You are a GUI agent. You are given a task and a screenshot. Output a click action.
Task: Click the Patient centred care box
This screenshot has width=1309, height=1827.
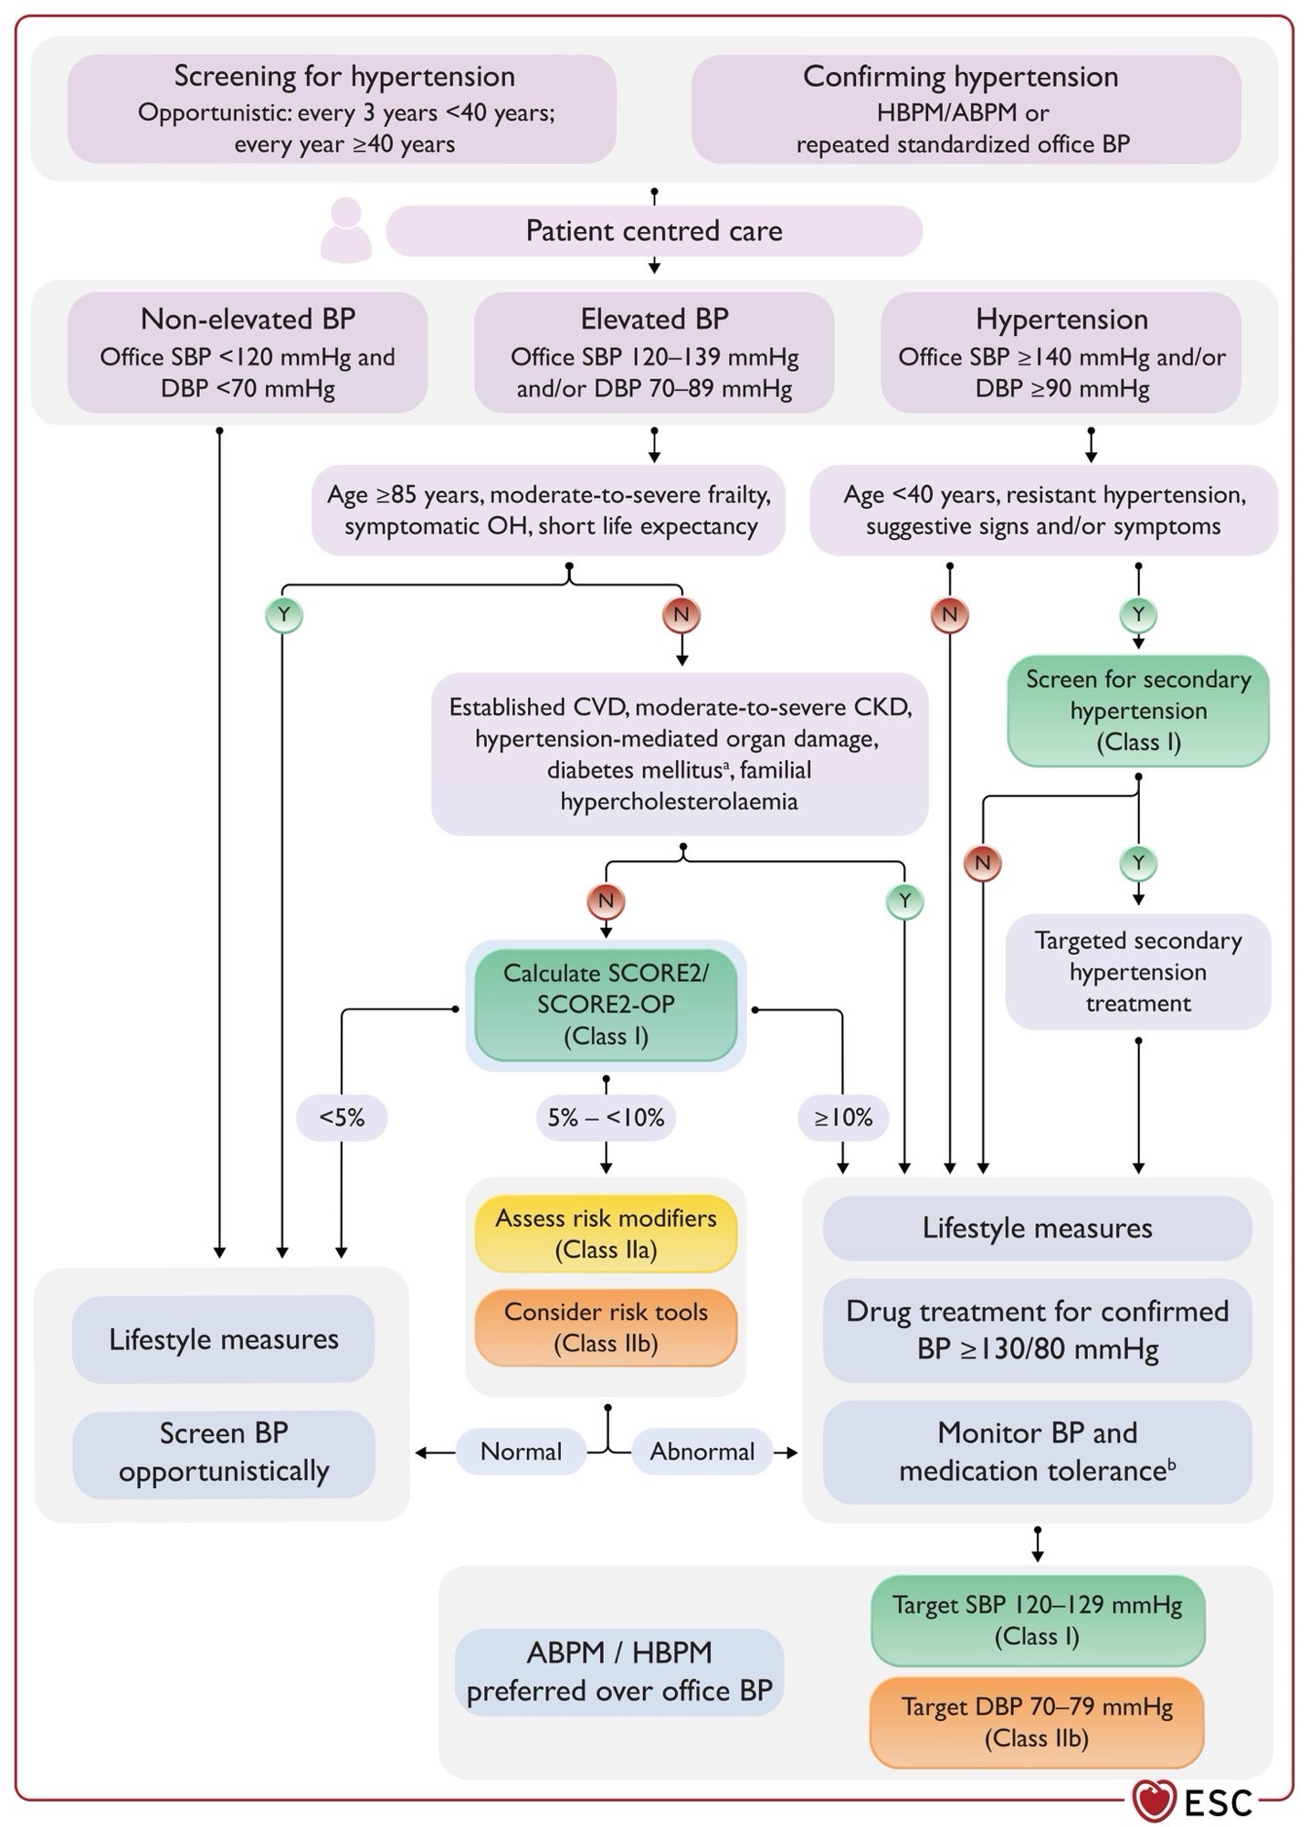[654, 231]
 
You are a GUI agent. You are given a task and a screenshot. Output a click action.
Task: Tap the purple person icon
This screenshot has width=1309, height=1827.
[346, 231]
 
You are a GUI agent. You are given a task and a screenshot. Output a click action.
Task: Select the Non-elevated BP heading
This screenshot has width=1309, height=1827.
[248, 319]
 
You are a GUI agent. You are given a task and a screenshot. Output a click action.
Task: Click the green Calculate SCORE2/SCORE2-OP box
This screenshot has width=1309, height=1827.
[606, 1005]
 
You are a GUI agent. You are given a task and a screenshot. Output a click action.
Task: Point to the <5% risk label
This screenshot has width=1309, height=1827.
[342, 1117]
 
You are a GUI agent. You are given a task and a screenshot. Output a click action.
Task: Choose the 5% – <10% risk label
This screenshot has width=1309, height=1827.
[606, 1117]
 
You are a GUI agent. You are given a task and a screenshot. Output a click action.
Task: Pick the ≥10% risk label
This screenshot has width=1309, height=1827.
[843, 1117]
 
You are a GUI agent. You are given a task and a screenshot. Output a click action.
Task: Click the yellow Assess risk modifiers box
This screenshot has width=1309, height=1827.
[606, 1234]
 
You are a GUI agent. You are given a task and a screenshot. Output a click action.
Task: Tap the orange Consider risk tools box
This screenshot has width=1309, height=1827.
[606, 1327]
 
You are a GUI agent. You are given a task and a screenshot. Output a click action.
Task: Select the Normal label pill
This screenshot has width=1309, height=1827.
[521, 1452]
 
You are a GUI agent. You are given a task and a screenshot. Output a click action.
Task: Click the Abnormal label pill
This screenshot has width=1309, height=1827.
[702, 1452]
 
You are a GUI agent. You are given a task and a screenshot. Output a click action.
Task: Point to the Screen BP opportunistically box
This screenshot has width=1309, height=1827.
[224, 1452]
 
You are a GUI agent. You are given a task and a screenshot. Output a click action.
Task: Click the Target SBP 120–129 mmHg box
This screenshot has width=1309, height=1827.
[1037, 1620]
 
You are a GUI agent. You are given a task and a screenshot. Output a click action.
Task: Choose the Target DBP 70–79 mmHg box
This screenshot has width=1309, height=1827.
[1037, 1722]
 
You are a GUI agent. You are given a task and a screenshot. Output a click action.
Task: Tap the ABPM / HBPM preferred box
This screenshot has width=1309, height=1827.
[619, 1671]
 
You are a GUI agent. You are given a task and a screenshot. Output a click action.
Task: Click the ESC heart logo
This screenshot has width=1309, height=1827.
[1153, 1801]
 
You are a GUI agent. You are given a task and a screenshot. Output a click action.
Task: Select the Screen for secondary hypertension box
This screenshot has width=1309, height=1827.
[1138, 711]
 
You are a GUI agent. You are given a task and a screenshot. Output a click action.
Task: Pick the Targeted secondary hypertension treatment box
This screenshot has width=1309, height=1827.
[1138, 972]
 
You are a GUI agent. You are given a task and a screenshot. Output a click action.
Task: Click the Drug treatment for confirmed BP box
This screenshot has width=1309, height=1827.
[1037, 1329]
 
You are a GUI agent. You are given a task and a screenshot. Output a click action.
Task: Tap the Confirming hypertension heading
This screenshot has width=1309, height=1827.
[960, 77]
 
